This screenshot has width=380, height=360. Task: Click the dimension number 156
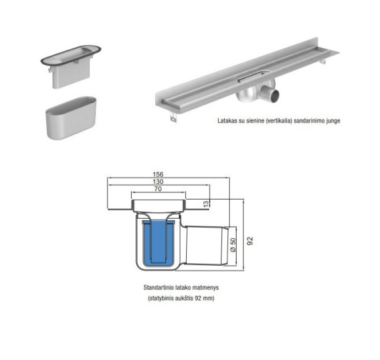[x=158, y=174]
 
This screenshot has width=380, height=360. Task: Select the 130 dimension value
[x=158, y=182]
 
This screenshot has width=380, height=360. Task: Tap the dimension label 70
[x=158, y=190]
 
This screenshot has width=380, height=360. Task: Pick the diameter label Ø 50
[x=233, y=246]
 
